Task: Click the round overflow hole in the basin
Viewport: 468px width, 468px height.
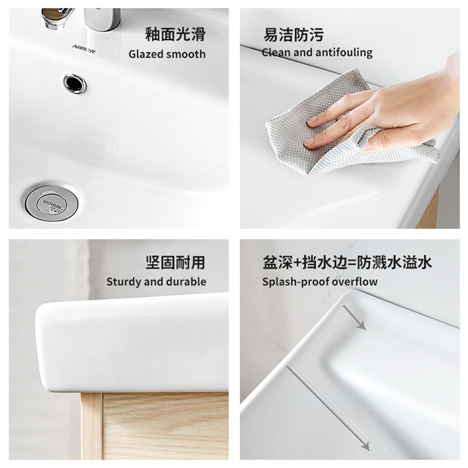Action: click(x=75, y=83)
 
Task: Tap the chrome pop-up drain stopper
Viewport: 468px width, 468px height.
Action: click(x=51, y=203)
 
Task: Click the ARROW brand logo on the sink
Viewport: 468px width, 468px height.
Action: click(x=84, y=49)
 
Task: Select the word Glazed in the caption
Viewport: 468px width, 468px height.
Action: click(x=146, y=54)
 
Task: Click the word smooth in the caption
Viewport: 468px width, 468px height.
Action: click(x=186, y=54)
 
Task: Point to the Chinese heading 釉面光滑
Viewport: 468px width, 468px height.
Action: click(x=175, y=34)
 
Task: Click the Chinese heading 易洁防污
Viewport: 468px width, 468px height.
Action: click(x=293, y=34)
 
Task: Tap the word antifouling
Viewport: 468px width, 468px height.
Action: click(x=344, y=53)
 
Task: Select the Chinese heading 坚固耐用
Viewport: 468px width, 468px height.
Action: click(x=175, y=263)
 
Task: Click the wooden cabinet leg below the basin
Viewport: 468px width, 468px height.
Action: click(x=91, y=426)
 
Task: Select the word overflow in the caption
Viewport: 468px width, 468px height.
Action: click(x=355, y=282)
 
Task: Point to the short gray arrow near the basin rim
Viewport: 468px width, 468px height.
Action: click(x=354, y=317)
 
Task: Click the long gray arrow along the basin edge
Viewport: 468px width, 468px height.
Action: click(x=328, y=408)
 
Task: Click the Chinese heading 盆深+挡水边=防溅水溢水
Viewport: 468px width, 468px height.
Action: click(x=347, y=263)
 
